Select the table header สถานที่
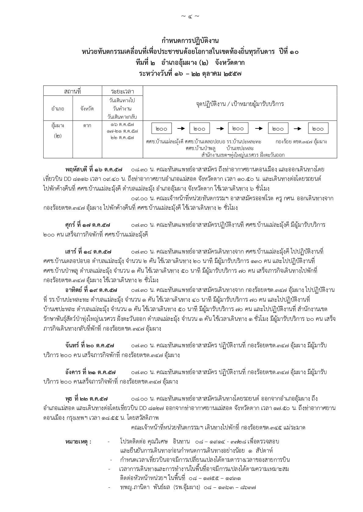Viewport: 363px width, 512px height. coord(73,91)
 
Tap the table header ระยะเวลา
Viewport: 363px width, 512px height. coord(122,91)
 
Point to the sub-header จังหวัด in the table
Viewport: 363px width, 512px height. coord(87,109)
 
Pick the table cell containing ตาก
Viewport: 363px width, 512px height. coord(87,125)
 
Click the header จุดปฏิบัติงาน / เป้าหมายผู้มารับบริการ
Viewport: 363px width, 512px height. coord(239,104)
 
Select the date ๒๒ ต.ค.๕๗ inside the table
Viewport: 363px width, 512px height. coord(122,138)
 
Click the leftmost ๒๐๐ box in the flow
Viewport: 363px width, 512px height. coord(161,129)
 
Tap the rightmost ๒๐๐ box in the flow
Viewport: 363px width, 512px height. coord(318,129)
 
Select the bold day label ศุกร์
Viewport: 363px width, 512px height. coord(70,225)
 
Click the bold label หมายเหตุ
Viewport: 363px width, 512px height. coord(78,442)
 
